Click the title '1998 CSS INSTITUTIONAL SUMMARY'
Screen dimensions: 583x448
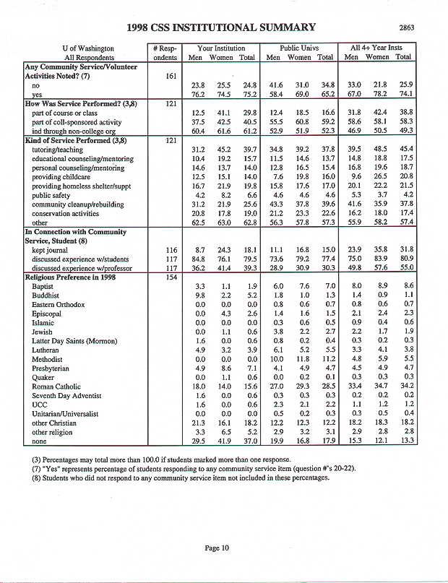pyautogui.click(x=221, y=28)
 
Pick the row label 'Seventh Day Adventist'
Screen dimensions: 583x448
pyautogui.click(x=65, y=395)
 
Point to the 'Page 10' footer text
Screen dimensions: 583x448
pyautogui.click(x=217, y=548)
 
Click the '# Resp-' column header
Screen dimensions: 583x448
pyautogui.click(x=165, y=47)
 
